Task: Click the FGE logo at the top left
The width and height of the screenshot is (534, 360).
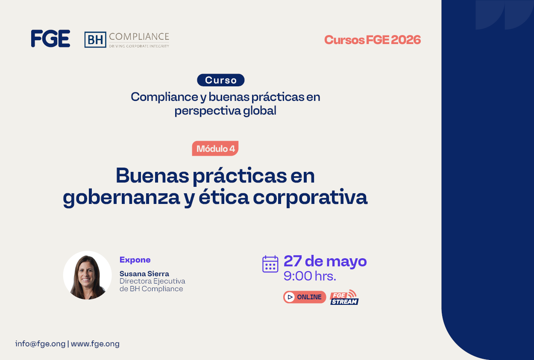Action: [x=50, y=38]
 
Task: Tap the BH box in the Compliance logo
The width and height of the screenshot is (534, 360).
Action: [x=95, y=40]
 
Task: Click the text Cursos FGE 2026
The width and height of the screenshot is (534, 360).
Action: [x=373, y=40]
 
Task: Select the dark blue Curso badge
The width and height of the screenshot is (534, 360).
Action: [x=221, y=80]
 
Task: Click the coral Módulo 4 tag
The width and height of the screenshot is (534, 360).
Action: [x=215, y=148]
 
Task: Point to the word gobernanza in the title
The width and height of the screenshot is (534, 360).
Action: [x=121, y=198]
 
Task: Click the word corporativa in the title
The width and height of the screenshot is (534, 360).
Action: [x=310, y=198]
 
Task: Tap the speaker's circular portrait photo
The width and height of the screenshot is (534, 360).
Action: [x=88, y=275]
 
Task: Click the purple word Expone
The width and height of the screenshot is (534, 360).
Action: [x=135, y=260]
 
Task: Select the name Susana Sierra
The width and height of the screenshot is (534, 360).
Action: [x=144, y=274]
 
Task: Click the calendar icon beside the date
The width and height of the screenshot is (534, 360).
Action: [x=270, y=264]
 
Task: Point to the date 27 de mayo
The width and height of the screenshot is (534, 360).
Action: [x=325, y=261]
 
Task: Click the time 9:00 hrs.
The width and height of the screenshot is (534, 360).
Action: [x=310, y=276]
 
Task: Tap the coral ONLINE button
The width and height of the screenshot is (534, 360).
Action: [x=305, y=297]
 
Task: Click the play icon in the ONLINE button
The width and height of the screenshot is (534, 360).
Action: [x=290, y=297]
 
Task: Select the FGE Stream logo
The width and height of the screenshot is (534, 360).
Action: [x=344, y=297]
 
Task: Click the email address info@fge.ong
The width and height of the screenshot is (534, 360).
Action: [x=40, y=344]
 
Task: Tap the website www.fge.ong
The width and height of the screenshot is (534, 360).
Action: [x=95, y=344]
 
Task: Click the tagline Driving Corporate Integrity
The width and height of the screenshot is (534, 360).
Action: [x=139, y=46]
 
